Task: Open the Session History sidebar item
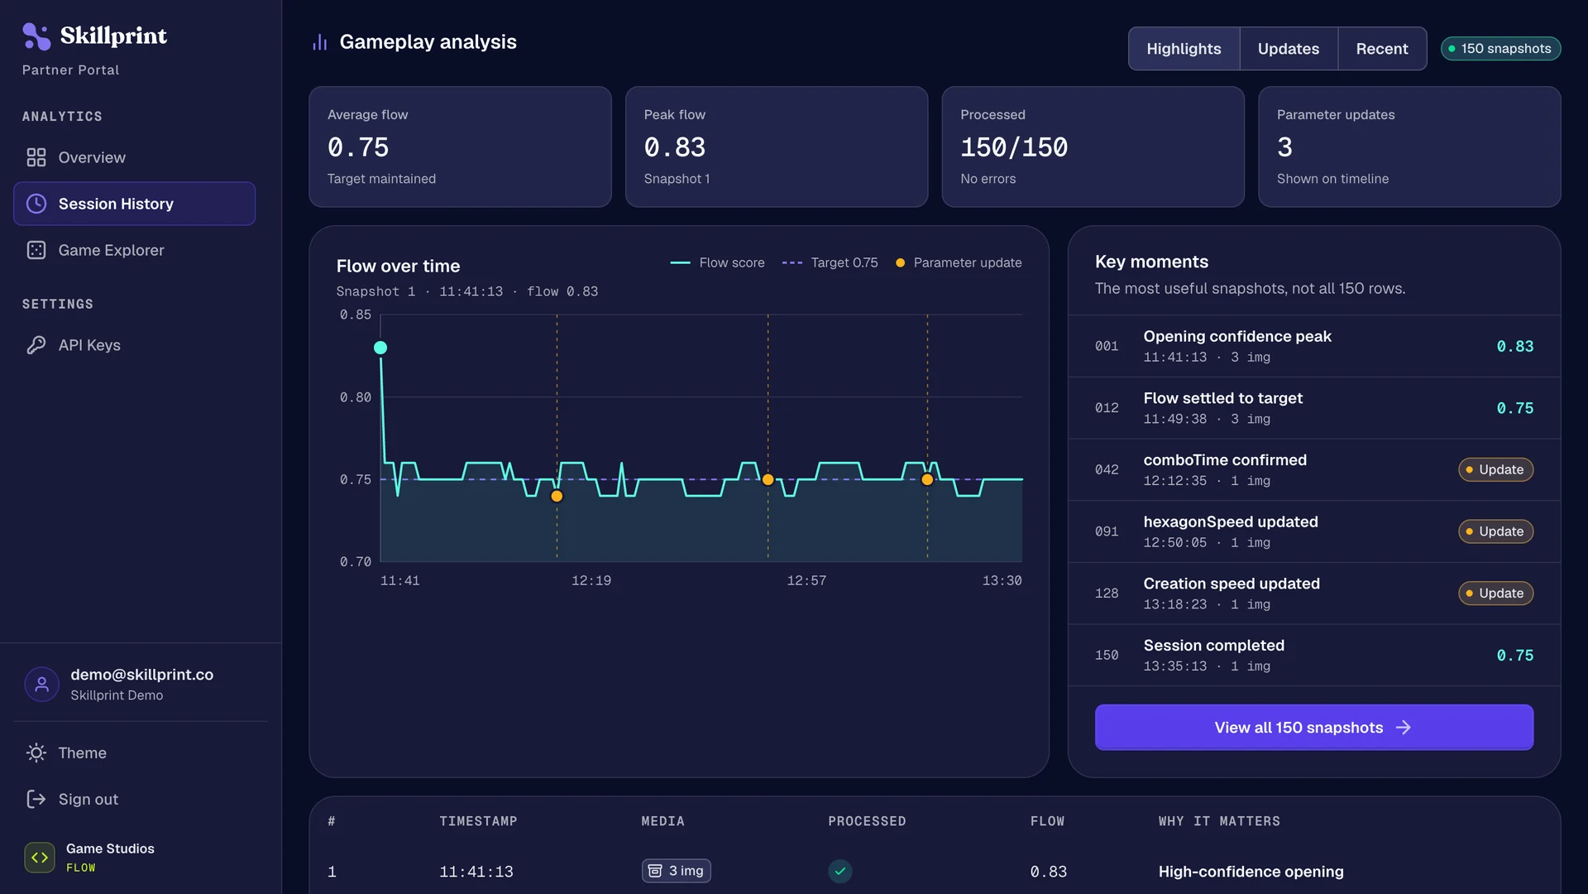point(134,204)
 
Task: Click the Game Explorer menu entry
point(111,250)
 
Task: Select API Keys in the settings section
point(89,345)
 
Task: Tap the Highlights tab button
point(1184,49)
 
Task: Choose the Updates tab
point(1289,49)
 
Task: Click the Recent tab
point(1382,49)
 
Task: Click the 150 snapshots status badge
point(1500,49)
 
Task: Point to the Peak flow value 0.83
point(675,147)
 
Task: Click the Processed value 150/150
point(1014,147)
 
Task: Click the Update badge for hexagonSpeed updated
point(1495,531)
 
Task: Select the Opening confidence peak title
point(1237,336)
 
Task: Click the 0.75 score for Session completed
point(1515,656)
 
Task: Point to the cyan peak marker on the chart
point(380,348)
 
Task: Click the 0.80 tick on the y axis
point(356,397)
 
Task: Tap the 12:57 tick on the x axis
point(806,581)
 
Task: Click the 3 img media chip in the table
point(677,871)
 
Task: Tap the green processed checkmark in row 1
point(840,871)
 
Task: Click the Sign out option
point(73,800)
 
